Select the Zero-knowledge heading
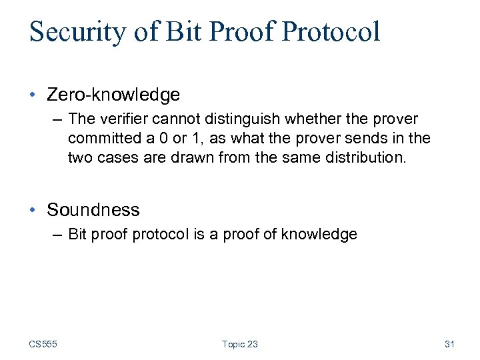pos(113,95)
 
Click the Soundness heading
pos(93,210)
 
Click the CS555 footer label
pos(43,344)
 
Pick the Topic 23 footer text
pos(240,344)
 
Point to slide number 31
pos(449,344)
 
